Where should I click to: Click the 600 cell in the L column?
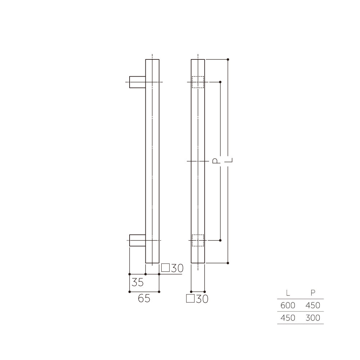pyautogui.click(x=288, y=305)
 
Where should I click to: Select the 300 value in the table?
pyautogui.click(x=312, y=318)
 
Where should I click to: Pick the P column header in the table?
pyautogui.click(x=312, y=293)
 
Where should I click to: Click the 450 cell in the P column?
pyautogui.click(x=312, y=305)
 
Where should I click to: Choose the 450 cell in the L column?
pyautogui.click(x=288, y=318)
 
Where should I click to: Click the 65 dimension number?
pyautogui.click(x=144, y=298)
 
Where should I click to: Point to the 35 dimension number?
pyautogui.click(x=137, y=282)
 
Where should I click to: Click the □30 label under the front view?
pyautogui.click(x=197, y=299)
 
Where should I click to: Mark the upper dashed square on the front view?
pyautogui.click(x=198, y=82)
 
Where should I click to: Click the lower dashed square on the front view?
pyautogui.click(x=198, y=240)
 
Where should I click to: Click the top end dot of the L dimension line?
pyautogui.click(x=228, y=59)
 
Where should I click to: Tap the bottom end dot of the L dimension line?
pyautogui.click(x=228, y=263)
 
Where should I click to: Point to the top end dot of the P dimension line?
pyautogui.click(x=220, y=82)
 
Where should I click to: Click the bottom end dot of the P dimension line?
pyautogui.click(x=220, y=240)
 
